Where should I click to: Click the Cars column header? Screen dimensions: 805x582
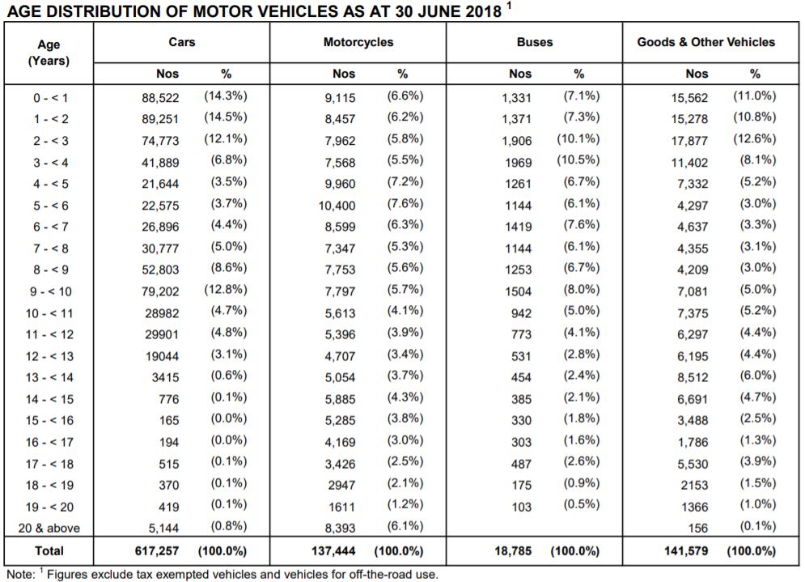pyautogui.click(x=182, y=42)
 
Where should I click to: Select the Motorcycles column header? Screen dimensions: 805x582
pyautogui.click(x=358, y=42)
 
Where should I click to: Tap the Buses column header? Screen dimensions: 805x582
pyautogui.click(x=535, y=42)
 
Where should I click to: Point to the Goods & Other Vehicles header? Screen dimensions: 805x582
pyautogui.click(x=706, y=42)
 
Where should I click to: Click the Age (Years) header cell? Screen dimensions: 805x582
pyautogui.click(x=49, y=53)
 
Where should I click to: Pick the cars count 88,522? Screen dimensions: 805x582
pyautogui.click(x=160, y=98)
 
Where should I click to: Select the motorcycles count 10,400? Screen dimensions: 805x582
pyautogui.click(x=337, y=206)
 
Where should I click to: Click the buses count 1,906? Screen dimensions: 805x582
pyautogui.click(x=516, y=141)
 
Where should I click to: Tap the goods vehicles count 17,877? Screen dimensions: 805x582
pyautogui.click(x=689, y=141)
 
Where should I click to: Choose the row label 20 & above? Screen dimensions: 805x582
pyautogui.click(x=49, y=528)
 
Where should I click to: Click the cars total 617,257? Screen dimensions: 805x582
pyautogui.click(x=157, y=551)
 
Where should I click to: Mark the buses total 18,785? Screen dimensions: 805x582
pyautogui.click(x=513, y=551)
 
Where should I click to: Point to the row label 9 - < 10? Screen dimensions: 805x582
pyautogui.click(x=50, y=291)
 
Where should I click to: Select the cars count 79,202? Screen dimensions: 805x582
pyautogui.click(x=160, y=291)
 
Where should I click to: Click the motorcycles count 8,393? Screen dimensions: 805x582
pyautogui.click(x=340, y=528)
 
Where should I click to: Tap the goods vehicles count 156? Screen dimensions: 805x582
pyautogui.click(x=697, y=528)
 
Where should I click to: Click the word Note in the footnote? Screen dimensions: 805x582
pyautogui.click(x=19, y=574)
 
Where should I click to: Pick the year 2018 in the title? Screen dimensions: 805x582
pyautogui.click(x=482, y=11)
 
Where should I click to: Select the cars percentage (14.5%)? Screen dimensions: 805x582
pyautogui.click(x=226, y=117)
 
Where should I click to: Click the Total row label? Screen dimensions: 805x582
pyautogui.click(x=49, y=551)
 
